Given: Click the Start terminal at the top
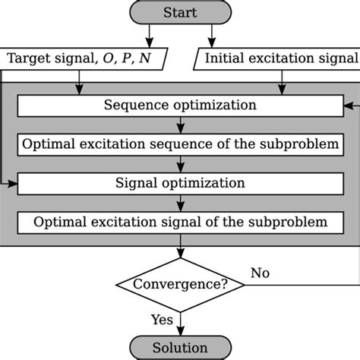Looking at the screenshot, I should (x=179, y=13).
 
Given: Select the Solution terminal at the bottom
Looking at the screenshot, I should (x=179, y=347).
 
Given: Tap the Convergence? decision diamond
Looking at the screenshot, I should (x=179, y=285).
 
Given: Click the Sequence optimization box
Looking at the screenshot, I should (x=179, y=105).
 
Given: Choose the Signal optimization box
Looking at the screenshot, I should (x=179, y=183).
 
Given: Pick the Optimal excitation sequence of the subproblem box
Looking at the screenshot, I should (x=179, y=144).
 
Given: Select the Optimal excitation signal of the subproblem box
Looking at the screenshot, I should (x=179, y=223).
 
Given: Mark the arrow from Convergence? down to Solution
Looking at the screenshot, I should (x=180, y=323).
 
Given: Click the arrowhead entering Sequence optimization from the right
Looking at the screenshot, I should (x=347, y=105).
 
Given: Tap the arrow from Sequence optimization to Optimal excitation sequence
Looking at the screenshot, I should (x=180, y=125).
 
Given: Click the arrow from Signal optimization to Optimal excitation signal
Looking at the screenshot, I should (x=180, y=203).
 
